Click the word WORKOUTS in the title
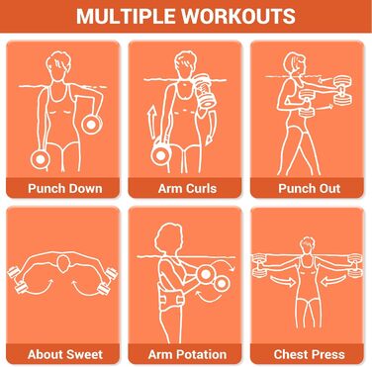pos(238,16)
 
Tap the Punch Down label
pos(65,188)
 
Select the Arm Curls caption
pos(187,188)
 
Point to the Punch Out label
pos(310,188)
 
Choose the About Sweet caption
pos(65,354)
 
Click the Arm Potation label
pos(187,354)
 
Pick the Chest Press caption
pos(310,354)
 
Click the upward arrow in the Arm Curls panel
pos(151,125)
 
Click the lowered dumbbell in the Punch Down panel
pos(40,159)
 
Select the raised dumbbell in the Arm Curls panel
pos(206,91)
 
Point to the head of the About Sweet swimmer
pos(62,264)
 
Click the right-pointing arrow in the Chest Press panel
pos(282,281)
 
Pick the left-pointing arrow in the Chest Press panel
pos(333,281)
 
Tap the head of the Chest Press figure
pos(308,245)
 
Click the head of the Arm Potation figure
pos(169,236)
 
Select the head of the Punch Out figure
pos(295,64)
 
